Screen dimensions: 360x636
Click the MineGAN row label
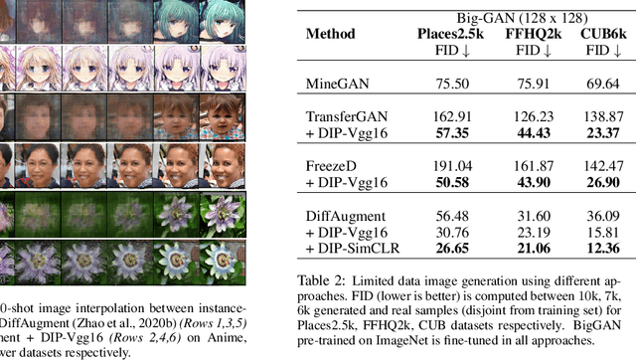pos(333,86)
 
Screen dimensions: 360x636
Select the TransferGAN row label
pos(343,115)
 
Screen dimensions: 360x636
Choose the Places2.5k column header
pos(447,32)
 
